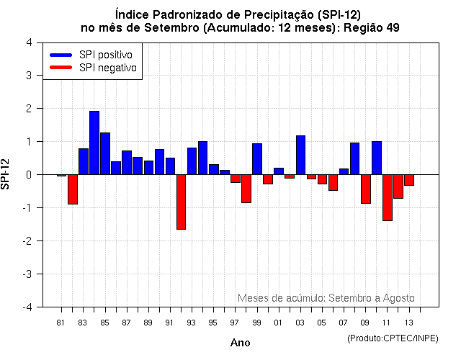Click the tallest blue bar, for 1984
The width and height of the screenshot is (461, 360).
[94, 143]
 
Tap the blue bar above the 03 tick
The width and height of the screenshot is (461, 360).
[300, 155]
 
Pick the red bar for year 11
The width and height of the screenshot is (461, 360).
[387, 197]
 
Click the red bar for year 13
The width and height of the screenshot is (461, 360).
[409, 180]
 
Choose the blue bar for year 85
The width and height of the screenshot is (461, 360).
[105, 153]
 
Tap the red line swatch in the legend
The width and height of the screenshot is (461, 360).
[61, 68]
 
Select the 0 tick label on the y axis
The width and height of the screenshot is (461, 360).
[28, 175]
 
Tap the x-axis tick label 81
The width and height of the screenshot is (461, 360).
[61, 322]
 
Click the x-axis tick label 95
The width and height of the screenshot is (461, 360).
[213, 322]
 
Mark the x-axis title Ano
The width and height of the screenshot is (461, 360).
[240, 343]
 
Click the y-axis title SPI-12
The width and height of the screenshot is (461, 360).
[7, 174]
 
